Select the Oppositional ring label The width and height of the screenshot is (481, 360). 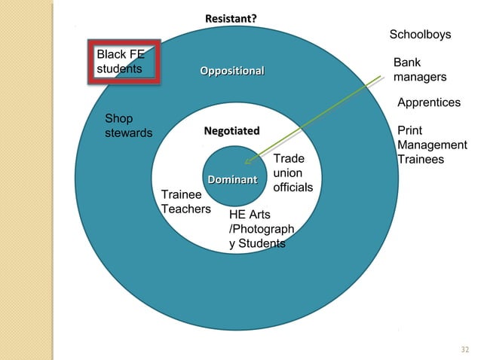(231, 71)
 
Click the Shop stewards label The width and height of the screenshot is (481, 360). (128, 126)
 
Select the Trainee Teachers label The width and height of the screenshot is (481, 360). (185, 201)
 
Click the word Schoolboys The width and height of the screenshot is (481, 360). (420, 35)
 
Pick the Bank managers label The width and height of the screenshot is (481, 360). (420, 70)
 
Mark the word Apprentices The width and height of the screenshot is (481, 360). (428, 102)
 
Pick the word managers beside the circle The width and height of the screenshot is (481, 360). (420, 78)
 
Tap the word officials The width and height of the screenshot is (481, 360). (293, 186)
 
